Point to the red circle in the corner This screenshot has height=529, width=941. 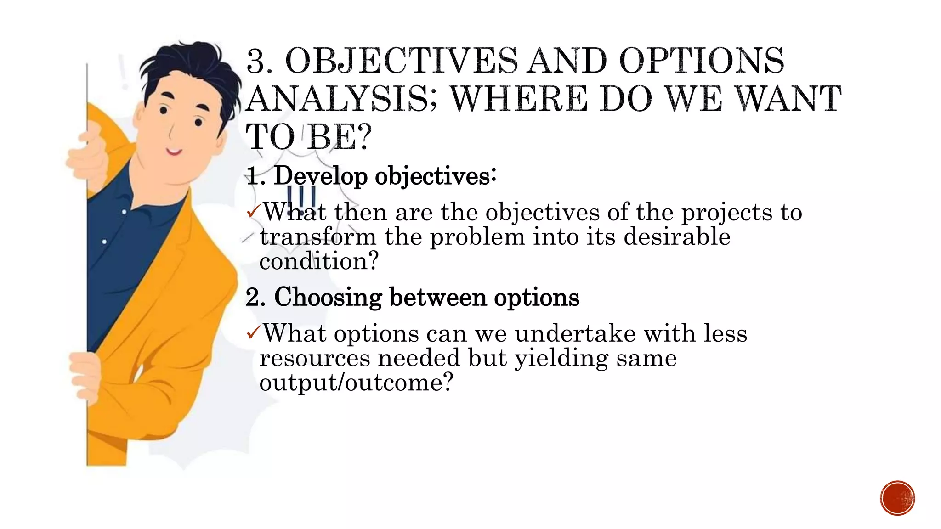(x=897, y=498)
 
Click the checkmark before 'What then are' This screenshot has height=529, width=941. (x=253, y=212)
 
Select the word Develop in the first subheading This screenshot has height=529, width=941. (x=320, y=176)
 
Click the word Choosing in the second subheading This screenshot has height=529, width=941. (x=328, y=297)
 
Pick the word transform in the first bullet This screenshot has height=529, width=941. (x=318, y=237)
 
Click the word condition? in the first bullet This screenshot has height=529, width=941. (x=318, y=262)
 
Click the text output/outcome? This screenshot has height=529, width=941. (x=356, y=383)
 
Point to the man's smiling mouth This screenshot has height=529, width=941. (x=174, y=151)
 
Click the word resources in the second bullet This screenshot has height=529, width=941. (x=314, y=358)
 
